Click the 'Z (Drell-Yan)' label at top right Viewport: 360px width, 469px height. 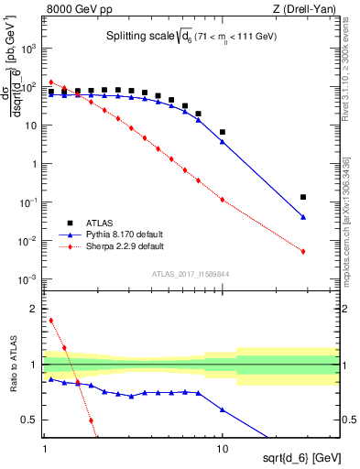click(x=309, y=10)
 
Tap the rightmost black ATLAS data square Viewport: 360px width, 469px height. click(x=303, y=197)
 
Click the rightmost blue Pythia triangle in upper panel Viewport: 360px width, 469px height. click(x=303, y=217)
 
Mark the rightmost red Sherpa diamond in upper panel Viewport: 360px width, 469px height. click(x=303, y=251)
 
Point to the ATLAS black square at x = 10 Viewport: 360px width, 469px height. click(x=223, y=132)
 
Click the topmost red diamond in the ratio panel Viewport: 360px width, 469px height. click(x=51, y=321)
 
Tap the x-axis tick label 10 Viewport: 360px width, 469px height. click(x=223, y=447)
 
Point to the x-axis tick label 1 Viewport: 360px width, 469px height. click(x=45, y=447)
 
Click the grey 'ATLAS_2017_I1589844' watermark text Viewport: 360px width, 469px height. click(x=190, y=274)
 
